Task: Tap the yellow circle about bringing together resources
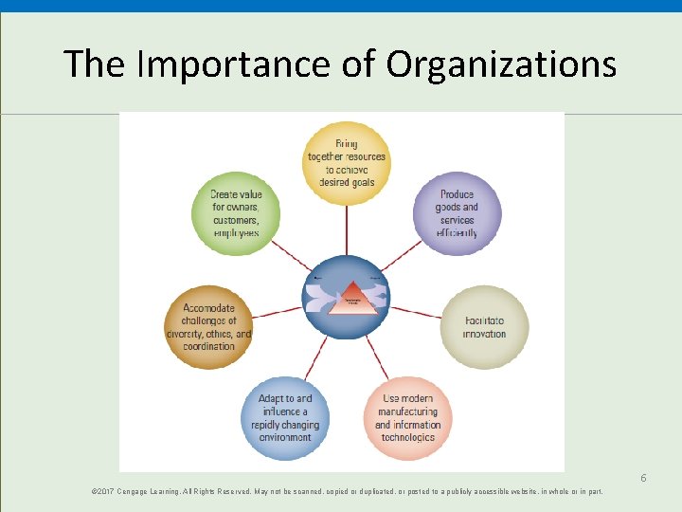[x=347, y=163]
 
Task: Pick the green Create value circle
[x=236, y=213]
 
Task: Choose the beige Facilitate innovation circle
[x=485, y=327]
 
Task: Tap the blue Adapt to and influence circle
[x=285, y=418]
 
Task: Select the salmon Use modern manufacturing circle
[x=407, y=418]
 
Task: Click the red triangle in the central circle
[x=348, y=294]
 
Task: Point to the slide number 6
[x=642, y=477]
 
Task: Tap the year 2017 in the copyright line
[x=104, y=492]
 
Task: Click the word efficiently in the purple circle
[x=457, y=233]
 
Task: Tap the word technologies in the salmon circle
[x=407, y=438]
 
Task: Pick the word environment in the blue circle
[x=285, y=438]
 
